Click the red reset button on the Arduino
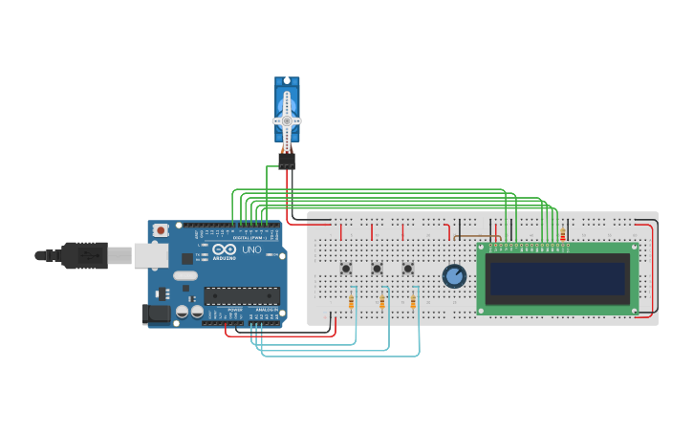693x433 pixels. coord(162,230)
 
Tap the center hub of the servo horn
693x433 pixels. coord(287,120)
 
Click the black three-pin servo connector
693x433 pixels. coord(287,160)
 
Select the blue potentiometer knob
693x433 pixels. coord(455,276)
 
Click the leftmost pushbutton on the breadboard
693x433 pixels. coord(346,269)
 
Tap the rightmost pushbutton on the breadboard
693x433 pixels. coord(408,269)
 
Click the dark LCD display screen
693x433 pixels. coord(557,279)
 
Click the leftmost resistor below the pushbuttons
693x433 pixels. coord(352,303)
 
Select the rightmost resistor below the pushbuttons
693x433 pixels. coord(414,303)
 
